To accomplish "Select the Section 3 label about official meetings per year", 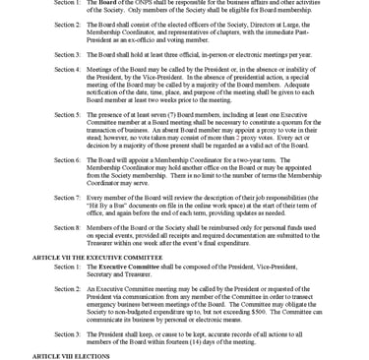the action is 68,55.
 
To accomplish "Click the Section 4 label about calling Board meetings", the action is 68,70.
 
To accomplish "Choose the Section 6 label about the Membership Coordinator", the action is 68,158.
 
